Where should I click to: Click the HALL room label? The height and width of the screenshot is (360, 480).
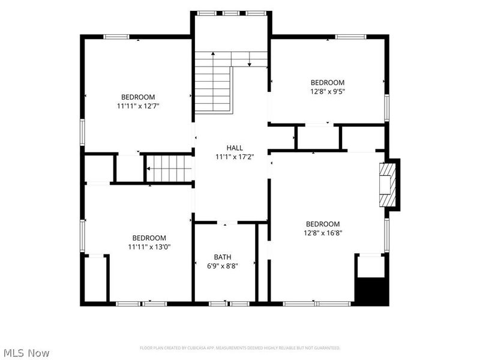(x=235, y=148)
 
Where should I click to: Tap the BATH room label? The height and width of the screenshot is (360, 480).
(x=223, y=257)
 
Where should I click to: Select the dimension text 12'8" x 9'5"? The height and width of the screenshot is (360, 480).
(x=328, y=91)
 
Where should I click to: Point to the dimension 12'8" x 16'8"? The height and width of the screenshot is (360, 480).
(x=323, y=233)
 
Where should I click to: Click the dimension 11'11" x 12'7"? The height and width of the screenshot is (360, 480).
(x=139, y=106)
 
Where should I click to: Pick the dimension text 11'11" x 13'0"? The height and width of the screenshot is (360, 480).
(x=149, y=247)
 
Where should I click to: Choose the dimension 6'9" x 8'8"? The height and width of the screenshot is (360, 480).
(x=223, y=266)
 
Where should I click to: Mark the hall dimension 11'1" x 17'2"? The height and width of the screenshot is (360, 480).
(x=235, y=157)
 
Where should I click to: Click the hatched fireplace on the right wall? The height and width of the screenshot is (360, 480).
(x=388, y=185)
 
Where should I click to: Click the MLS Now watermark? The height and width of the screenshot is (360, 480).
(x=25, y=353)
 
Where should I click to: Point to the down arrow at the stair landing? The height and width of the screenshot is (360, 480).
(x=250, y=59)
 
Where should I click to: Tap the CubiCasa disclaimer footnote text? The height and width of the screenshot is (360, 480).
(x=240, y=348)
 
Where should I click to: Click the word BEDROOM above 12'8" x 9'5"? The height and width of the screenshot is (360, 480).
(x=328, y=82)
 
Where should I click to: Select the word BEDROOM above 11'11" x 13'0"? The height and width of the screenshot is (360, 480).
(x=149, y=238)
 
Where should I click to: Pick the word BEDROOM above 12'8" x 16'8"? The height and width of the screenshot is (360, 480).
(x=323, y=224)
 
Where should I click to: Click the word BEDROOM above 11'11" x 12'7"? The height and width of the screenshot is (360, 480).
(x=138, y=97)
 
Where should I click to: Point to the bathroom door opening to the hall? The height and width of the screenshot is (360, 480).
(x=227, y=223)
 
